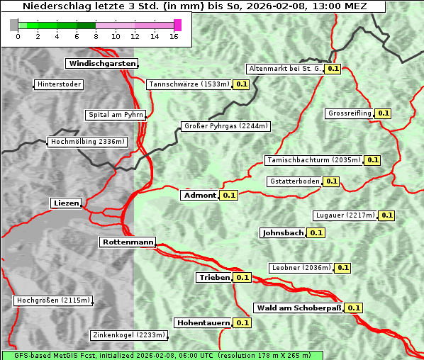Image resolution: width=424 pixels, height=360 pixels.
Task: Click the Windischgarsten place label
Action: click(x=101, y=64)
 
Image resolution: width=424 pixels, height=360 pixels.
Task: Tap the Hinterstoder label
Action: click(x=59, y=85)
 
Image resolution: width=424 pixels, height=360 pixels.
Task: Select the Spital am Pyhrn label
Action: click(x=116, y=115)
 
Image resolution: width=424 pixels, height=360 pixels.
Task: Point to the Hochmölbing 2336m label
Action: click(x=88, y=142)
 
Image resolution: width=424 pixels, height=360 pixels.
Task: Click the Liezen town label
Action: click(x=66, y=203)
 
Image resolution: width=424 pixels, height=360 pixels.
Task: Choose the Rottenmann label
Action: click(x=128, y=242)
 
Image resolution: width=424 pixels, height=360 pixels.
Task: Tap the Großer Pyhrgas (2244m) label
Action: click(x=225, y=127)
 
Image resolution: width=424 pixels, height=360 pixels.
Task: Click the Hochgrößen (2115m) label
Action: click(x=54, y=300)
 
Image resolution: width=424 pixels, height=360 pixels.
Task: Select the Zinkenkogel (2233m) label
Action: click(x=128, y=335)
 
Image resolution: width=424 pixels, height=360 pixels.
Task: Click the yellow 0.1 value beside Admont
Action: click(x=228, y=196)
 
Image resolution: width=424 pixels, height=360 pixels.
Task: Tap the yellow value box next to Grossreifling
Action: click(x=384, y=113)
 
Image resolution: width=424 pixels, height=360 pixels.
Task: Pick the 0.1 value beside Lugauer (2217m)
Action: click(x=386, y=215)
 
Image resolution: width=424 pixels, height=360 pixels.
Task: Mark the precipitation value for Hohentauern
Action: click(x=242, y=323)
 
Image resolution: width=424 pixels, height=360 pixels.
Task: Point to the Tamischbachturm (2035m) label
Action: click(x=313, y=160)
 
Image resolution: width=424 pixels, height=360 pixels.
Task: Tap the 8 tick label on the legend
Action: click(x=95, y=37)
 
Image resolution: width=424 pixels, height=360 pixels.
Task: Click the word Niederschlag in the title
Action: click(x=54, y=6)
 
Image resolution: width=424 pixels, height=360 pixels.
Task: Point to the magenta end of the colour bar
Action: click(x=177, y=25)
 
